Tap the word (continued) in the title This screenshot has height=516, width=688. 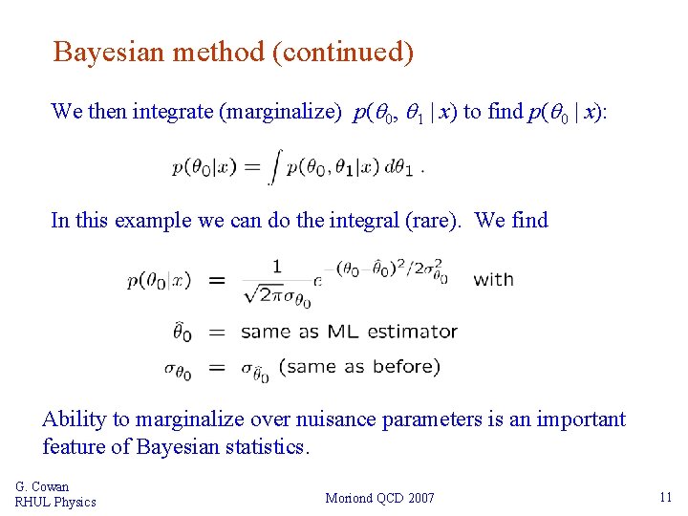tap(342, 52)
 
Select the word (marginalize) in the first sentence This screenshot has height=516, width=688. tap(280, 112)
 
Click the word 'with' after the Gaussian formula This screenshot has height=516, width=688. tap(493, 280)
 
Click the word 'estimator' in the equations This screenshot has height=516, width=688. tap(409, 333)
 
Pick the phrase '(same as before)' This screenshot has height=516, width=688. tap(359, 366)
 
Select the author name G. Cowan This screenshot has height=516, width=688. tap(42, 486)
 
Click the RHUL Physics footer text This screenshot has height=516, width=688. tap(55, 502)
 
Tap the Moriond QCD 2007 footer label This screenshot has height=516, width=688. tap(379, 498)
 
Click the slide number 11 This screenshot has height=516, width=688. tap(665, 497)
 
